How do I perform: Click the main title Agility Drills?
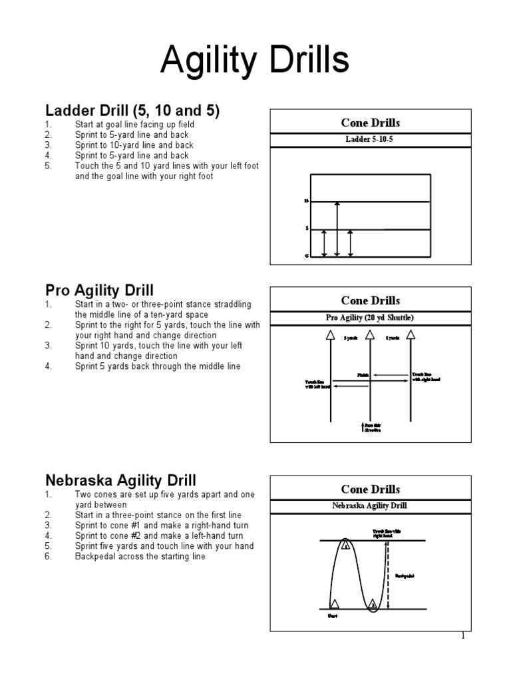click(255, 62)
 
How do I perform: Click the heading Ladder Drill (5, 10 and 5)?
click(132, 109)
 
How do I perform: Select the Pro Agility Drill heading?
click(99, 290)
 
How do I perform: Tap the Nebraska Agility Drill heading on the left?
click(120, 480)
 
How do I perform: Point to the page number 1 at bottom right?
click(463, 636)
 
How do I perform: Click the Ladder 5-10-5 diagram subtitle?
click(370, 139)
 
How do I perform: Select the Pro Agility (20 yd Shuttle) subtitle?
click(370, 317)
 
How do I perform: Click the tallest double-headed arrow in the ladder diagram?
click(337, 228)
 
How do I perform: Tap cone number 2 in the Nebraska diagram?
click(373, 604)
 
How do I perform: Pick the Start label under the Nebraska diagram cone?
click(333, 617)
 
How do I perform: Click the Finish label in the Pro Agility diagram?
click(363, 376)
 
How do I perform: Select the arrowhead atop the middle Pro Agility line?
click(370, 335)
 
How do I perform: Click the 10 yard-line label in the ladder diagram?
click(306, 200)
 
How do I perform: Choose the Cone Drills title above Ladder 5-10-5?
click(370, 123)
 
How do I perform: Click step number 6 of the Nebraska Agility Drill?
click(48, 557)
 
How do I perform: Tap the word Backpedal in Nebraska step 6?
click(97, 557)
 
